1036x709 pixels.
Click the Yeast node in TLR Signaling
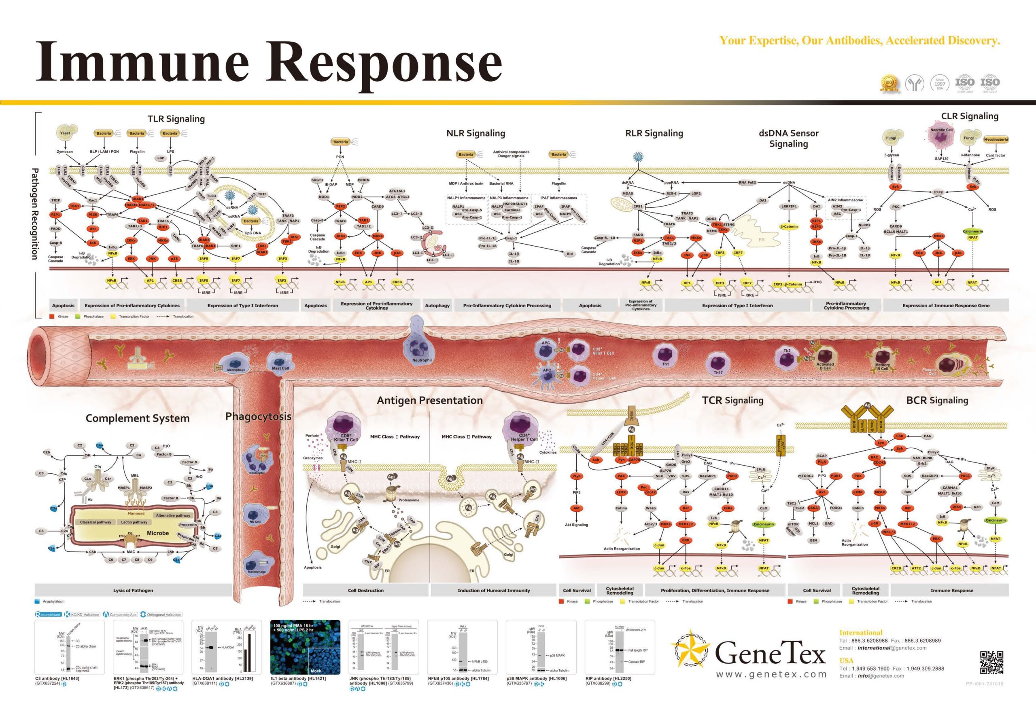coord(65,133)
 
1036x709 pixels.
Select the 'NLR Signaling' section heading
coord(476,133)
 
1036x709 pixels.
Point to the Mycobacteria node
coord(996,139)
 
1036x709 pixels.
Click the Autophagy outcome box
coord(437,306)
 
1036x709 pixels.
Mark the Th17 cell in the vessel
coord(718,364)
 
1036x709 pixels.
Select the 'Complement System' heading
coord(137,418)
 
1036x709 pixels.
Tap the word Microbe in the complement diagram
coord(158,533)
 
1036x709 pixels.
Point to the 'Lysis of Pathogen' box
coord(133,591)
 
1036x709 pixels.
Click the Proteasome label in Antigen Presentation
coord(408,500)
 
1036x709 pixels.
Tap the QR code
coord(991,663)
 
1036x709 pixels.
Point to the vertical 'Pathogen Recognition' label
coord(35,214)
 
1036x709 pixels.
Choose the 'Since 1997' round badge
coord(940,83)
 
